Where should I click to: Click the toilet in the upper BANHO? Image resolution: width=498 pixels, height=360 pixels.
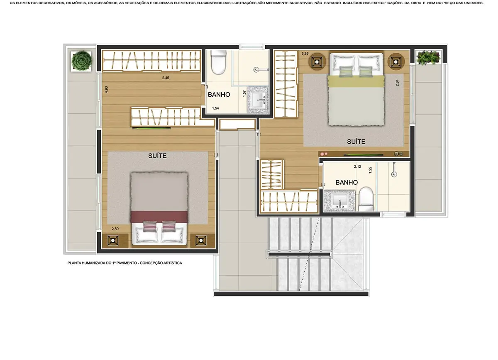coord(219,62)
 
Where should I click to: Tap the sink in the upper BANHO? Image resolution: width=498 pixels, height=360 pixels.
coord(258,100)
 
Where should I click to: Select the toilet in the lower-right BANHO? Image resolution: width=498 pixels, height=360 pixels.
coord(366,199)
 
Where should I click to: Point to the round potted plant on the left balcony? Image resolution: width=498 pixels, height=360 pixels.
coord(81,61)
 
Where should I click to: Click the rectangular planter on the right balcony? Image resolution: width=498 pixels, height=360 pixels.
coord(428,58)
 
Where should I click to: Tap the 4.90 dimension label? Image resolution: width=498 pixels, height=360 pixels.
coord(106,90)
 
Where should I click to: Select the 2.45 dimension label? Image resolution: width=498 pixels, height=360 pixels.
coord(166,78)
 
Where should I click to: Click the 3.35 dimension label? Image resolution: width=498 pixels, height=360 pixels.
coord(305,54)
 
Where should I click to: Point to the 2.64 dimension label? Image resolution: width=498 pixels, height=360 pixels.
coord(397,83)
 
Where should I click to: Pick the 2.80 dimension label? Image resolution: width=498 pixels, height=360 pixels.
coord(115,229)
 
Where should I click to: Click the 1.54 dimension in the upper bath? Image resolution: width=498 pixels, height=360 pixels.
coord(215,108)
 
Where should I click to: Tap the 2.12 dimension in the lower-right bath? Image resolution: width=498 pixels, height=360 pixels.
coord(357,167)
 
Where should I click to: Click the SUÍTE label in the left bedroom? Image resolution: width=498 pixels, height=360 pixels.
coord(157,156)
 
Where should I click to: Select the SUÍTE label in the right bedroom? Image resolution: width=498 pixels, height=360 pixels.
coord(356,142)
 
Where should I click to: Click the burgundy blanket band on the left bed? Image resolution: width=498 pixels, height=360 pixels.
coord(159,216)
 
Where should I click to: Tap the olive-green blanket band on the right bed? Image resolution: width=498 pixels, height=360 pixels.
coord(356,81)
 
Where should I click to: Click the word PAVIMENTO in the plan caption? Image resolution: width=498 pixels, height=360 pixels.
coord(127,263)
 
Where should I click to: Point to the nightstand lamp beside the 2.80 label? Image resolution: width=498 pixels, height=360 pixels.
coord(113,240)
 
